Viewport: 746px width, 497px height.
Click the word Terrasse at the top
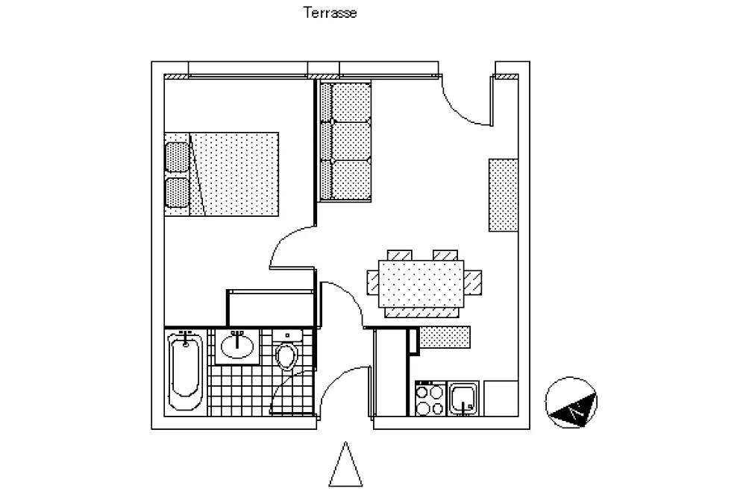point(330,13)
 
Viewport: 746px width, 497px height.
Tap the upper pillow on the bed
point(177,158)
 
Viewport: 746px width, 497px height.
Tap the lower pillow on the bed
point(177,191)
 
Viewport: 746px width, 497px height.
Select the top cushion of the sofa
point(351,102)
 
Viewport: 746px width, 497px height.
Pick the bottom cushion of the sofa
point(351,180)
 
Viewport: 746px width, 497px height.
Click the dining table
point(421,282)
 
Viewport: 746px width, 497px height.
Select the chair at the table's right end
point(472,282)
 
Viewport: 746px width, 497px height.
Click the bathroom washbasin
point(238,346)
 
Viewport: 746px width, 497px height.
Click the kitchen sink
point(465,399)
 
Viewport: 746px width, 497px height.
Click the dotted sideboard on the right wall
point(504,194)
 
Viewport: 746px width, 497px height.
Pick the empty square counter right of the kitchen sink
point(501,399)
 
